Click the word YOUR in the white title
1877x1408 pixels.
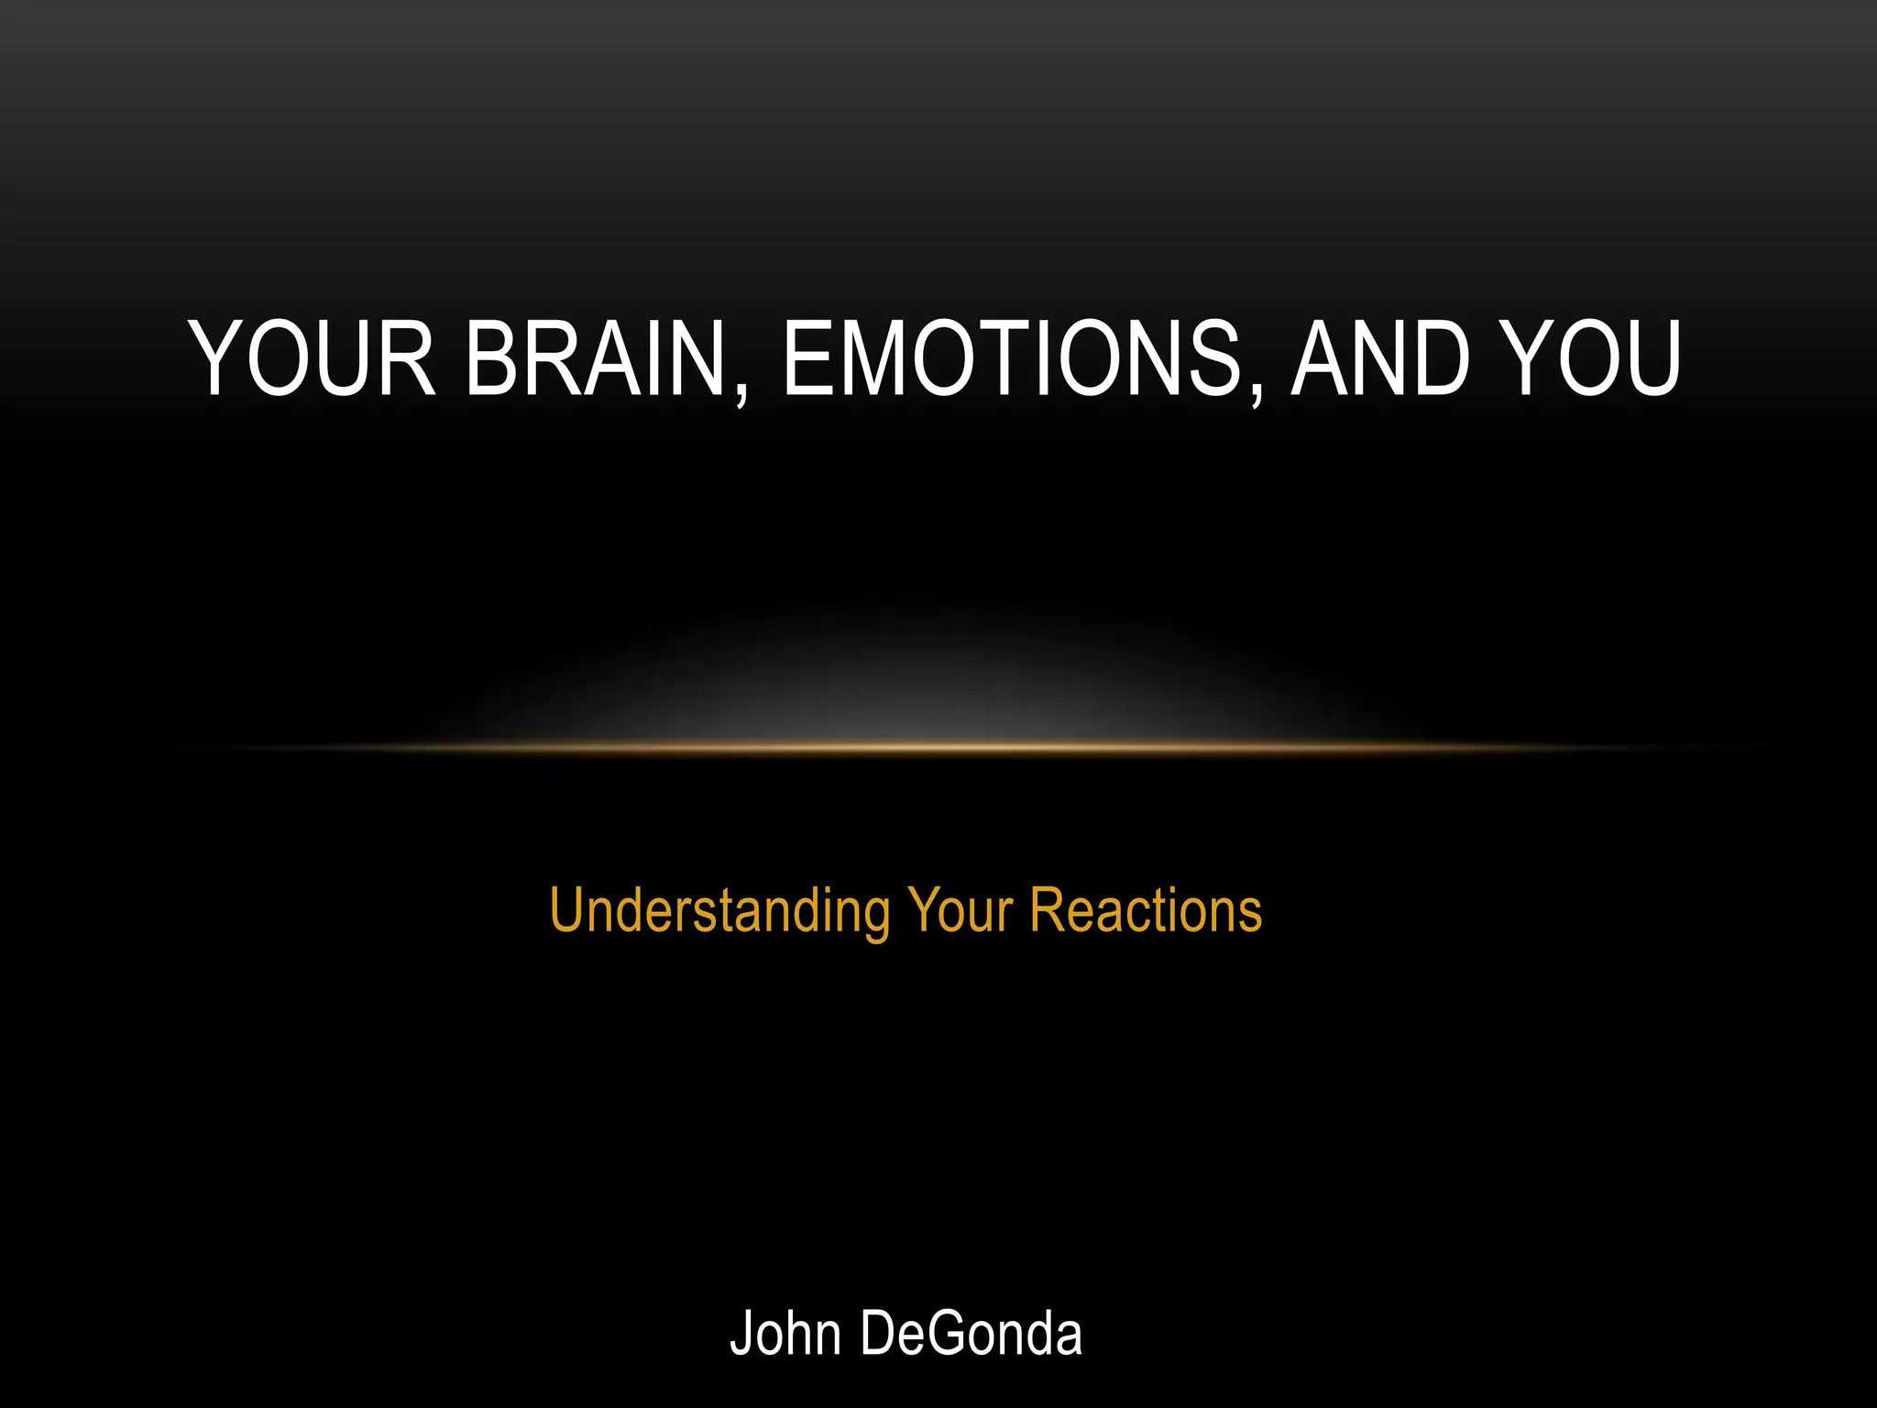point(312,359)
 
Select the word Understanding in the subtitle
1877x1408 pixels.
point(719,911)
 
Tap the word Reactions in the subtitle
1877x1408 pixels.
point(1146,911)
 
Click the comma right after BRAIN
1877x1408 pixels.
point(741,394)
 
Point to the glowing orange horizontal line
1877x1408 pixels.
point(938,748)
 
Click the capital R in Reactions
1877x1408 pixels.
point(1046,911)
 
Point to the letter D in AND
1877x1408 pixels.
point(1440,359)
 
